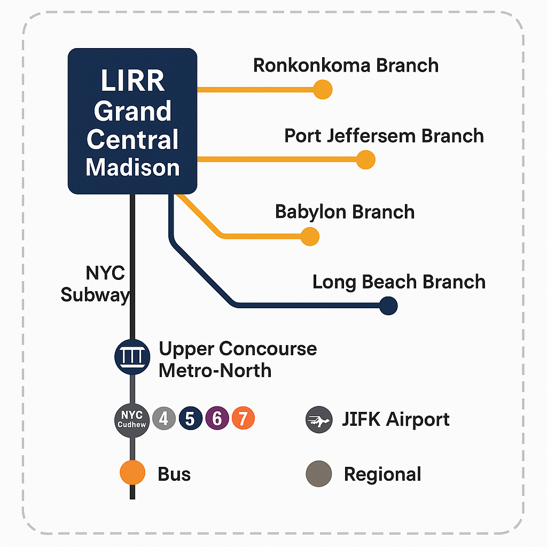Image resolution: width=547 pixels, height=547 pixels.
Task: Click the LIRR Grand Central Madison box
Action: (132, 121)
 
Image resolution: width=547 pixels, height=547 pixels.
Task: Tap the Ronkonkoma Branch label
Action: (346, 65)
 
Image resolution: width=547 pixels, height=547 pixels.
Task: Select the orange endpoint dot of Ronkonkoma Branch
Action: (322, 90)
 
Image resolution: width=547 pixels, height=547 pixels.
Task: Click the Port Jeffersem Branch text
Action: (384, 136)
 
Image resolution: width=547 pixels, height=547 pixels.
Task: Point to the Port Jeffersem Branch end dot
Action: (365, 159)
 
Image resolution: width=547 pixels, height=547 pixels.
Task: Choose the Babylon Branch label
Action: (345, 212)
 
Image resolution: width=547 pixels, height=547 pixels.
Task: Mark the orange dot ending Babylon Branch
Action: (310, 236)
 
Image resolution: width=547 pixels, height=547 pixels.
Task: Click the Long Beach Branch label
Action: (398, 282)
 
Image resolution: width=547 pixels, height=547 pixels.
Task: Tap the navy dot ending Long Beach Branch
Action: (388, 306)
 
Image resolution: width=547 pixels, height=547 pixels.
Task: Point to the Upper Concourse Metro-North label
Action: (237, 360)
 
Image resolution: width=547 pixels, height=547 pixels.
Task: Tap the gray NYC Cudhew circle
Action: (131, 419)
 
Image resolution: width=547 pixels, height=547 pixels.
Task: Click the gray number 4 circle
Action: (164, 419)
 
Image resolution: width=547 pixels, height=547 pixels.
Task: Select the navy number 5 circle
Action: (191, 419)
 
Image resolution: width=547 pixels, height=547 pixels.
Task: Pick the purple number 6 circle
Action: (217, 419)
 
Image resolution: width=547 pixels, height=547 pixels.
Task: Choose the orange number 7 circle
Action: (243, 419)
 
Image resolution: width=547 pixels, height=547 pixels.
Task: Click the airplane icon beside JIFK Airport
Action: (318, 420)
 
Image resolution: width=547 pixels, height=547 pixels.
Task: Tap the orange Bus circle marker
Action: (132, 473)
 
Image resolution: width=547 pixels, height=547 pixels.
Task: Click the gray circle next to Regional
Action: (318, 474)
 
